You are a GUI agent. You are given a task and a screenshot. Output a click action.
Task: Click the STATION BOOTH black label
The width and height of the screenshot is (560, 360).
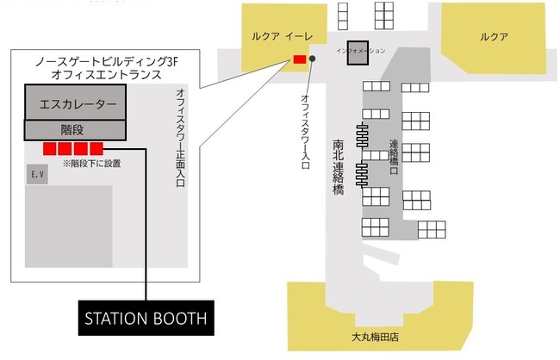pyautogui.click(x=146, y=317)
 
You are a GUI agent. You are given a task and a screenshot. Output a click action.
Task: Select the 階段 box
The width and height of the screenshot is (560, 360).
pyautogui.click(x=76, y=129)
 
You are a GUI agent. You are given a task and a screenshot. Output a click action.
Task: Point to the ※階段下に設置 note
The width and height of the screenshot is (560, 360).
pyautogui.click(x=91, y=162)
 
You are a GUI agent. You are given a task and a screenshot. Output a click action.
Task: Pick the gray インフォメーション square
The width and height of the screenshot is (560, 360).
pyautogui.click(x=358, y=52)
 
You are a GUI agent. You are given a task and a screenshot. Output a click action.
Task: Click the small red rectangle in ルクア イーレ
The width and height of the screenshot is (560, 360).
pyautogui.click(x=299, y=59)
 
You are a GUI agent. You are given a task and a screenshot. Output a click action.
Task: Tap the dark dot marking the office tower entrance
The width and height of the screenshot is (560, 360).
pyautogui.click(x=312, y=59)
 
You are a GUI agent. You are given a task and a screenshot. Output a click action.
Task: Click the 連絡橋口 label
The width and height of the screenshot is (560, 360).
pyautogui.click(x=395, y=156)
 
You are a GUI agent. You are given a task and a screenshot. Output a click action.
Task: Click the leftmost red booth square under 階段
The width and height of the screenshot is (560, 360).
pyautogui.click(x=51, y=149)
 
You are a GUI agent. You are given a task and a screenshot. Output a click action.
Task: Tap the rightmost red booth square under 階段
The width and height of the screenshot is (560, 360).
pyautogui.click(x=96, y=149)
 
